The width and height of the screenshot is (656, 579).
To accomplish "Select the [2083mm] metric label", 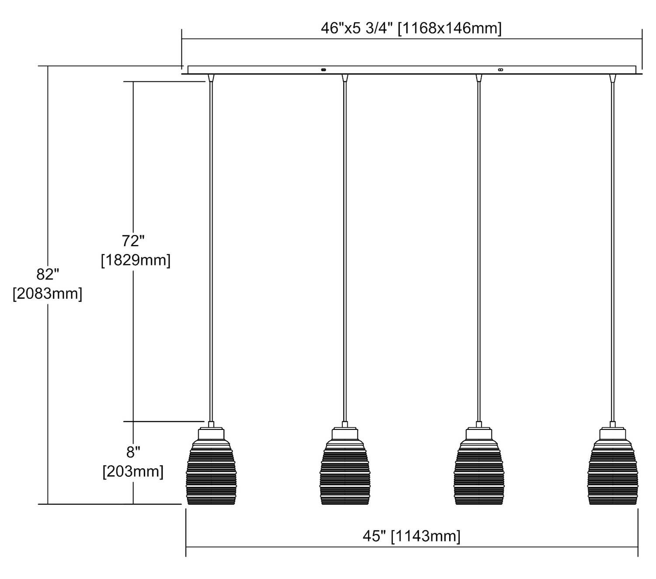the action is [47, 293].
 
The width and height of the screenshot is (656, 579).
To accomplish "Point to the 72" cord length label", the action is [133, 241].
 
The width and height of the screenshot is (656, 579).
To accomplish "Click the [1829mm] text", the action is [136, 260].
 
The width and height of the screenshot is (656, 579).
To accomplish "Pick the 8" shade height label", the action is [133, 452].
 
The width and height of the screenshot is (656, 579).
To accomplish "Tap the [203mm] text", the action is [133, 471].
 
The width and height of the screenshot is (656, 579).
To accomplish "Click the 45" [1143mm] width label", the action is [411, 536].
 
